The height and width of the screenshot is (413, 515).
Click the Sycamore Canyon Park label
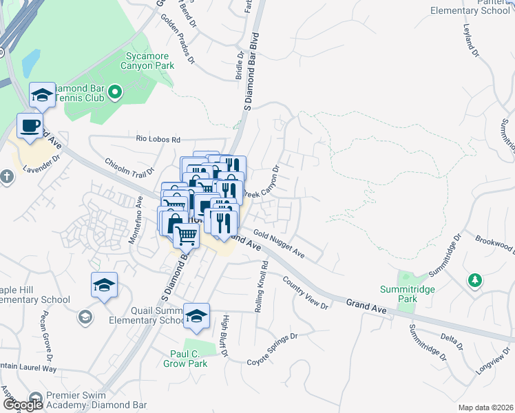pyautogui.click(x=149, y=60)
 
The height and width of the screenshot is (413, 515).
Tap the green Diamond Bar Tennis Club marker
pyautogui.click(x=115, y=92)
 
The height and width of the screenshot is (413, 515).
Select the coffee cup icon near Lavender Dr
pyautogui.click(x=29, y=126)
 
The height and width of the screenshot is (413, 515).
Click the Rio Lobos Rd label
pyautogui.click(x=157, y=139)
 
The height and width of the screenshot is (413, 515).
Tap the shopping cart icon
pyautogui.click(x=186, y=236)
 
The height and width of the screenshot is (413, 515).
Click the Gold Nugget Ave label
pyautogui.click(x=278, y=244)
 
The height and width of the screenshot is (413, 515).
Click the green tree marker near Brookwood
pyautogui.click(x=474, y=280)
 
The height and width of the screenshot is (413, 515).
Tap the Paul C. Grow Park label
pyautogui.click(x=189, y=359)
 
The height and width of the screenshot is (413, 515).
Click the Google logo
pyautogui.click(x=22, y=405)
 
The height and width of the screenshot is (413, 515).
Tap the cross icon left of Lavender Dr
pyautogui.click(x=6, y=178)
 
